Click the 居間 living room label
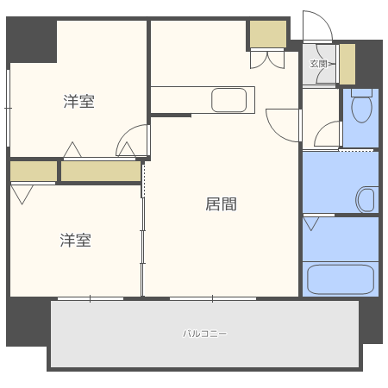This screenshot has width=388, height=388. point(221,204)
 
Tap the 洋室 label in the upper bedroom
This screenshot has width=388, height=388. point(78,102)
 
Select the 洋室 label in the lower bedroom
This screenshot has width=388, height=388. point(75,240)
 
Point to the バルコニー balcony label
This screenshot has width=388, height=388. point(204,334)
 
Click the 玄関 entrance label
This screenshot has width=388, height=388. point(318,63)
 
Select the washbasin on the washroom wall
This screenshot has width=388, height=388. point(366,199)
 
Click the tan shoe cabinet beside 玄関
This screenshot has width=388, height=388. point(347,63)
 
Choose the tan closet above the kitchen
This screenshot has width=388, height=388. point(267,34)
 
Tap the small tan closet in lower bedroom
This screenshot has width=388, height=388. point(33,172)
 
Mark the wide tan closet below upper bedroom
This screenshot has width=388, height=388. point(100,172)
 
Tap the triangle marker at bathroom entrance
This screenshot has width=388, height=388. point(311,224)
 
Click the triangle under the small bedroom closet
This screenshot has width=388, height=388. point(21,193)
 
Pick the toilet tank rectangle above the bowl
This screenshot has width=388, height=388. point(362,91)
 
